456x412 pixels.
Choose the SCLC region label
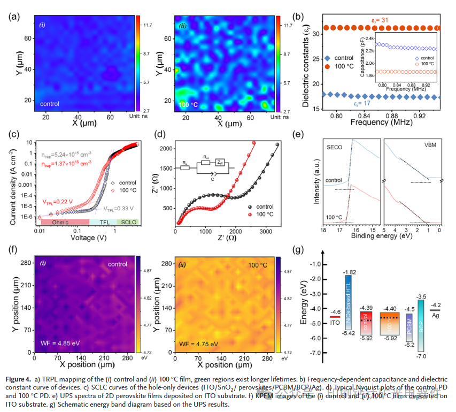[x=128, y=222]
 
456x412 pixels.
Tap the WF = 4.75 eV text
[x=198, y=343]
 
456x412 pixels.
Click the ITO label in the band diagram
[x=335, y=323]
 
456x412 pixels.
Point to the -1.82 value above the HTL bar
[x=352, y=272]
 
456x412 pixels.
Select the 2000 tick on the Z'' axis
[x=163, y=148]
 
